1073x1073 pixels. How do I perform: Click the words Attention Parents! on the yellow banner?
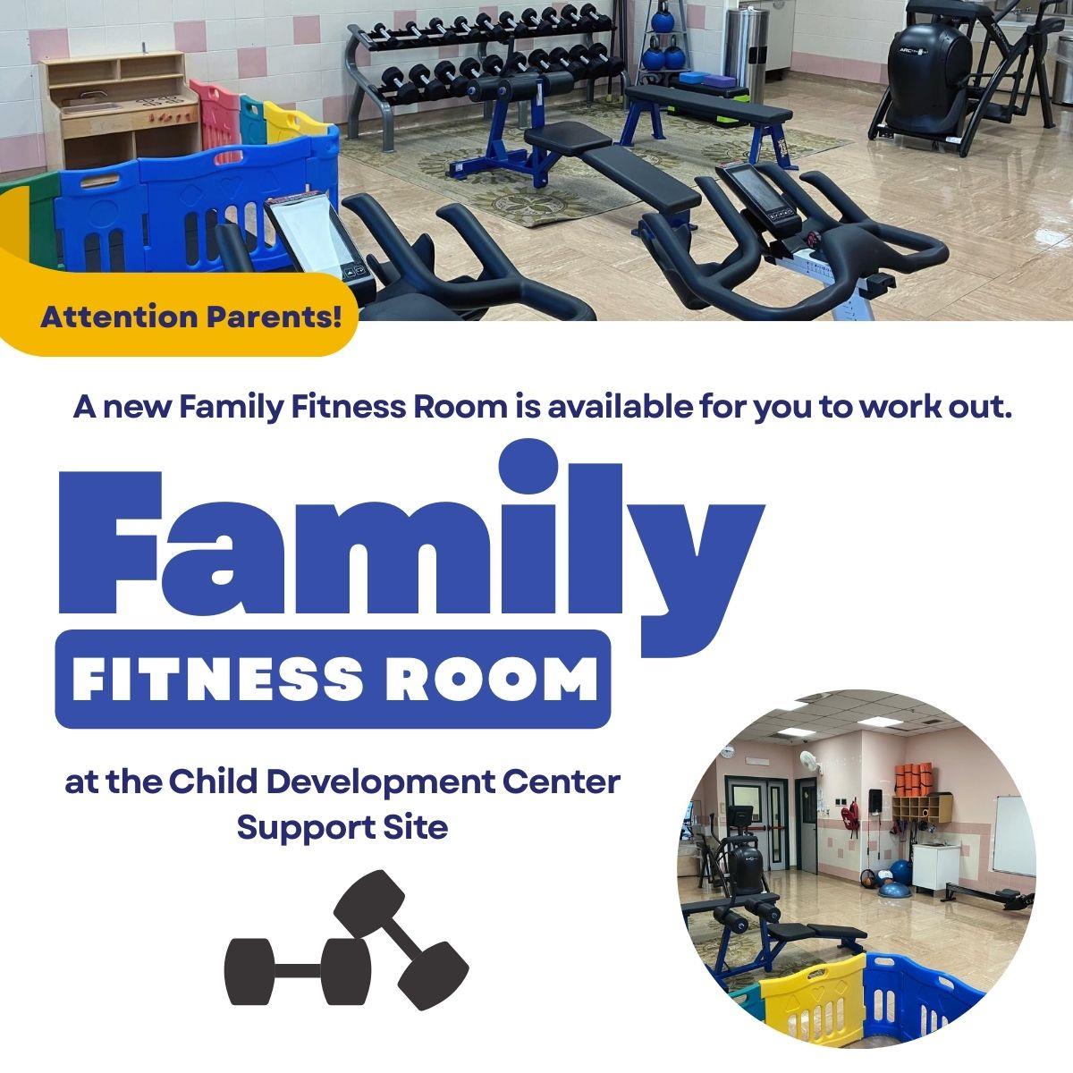[191, 317]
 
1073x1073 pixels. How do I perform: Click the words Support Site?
[342, 827]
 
